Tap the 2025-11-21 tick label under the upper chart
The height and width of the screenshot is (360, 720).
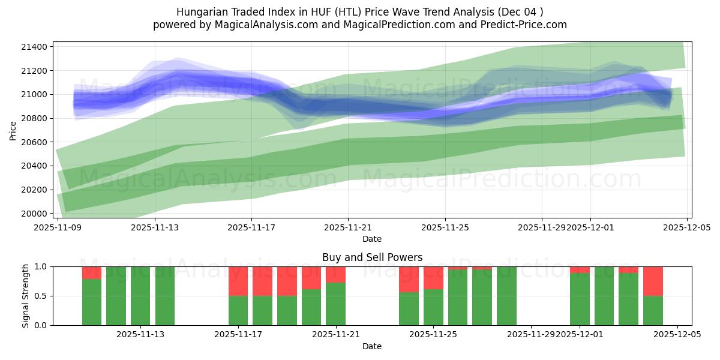pyautogui.click(x=348, y=227)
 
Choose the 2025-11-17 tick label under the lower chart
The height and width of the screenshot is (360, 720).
pyautogui.click(x=238, y=335)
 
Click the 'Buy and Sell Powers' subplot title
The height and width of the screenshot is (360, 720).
pyautogui.click(x=372, y=257)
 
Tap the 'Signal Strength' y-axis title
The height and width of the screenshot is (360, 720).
pyautogui.click(x=25, y=296)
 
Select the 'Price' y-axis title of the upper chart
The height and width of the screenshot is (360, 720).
pyautogui.click(x=13, y=130)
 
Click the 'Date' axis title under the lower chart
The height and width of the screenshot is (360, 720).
pyautogui.click(x=372, y=346)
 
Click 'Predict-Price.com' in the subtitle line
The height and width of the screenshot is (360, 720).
pyautogui.click(x=522, y=25)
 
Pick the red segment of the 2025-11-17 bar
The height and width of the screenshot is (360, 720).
pyautogui.click(x=238, y=281)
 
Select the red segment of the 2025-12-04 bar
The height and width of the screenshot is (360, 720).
pyautogui.click(x=653, y=281)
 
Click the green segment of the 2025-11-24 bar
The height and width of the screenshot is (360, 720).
pyautogui.click(x=409, y=308)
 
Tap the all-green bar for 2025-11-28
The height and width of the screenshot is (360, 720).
pyautogui.click(x=506, y=296)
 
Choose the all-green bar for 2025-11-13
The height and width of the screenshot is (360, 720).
pyautogui.click(x=140, y=296)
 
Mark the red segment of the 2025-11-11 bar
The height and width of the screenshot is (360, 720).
pyautogui.click(x=92, y=272)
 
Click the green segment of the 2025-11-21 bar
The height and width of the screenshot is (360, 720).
pyautogui.click(x=335, y=304)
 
